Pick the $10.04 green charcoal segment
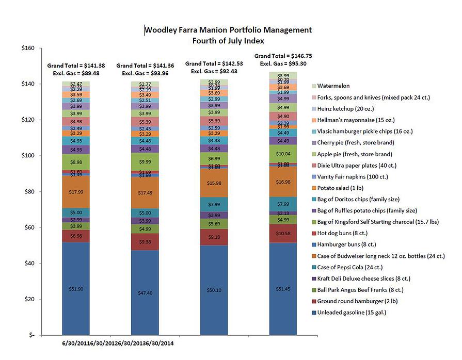click(x=283, y=154)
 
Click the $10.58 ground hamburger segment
click(x=283, y=233)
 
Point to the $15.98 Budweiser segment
click(x=214, y=183)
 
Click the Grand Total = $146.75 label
click(x=283, y=56)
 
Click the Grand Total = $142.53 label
click(x=214, y=64)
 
